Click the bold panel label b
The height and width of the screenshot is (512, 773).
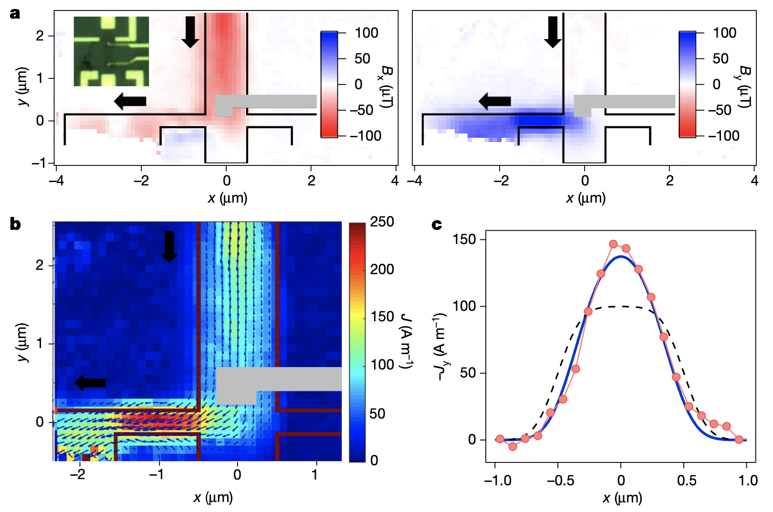pyautogui.click(x=15, y=224)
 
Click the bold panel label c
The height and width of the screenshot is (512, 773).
pyautogui.click(x=436, y=224)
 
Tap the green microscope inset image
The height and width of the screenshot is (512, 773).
pyautogui.click(x=111, y=51)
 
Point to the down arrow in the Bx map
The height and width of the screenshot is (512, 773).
pyautogui.click(x=190, y=32)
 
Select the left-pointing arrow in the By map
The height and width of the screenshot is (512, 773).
pyautogui.click(x=495, y=101)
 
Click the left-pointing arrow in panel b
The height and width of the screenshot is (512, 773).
pyautogui.click(x=91, y=382)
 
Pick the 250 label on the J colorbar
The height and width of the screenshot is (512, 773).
pyautogui.click(x=382, y=222)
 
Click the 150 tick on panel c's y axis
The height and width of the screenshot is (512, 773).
pyautogui.click(x=465, y=239)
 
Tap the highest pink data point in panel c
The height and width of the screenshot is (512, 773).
pyautogui.click(x=614, y=244)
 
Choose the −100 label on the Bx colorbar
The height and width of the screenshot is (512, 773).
pyautogui.click(x=366, y=136)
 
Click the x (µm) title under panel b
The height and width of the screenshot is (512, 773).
pyautogui.click(x=213, y=498)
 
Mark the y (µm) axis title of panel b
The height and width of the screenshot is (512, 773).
pyautogui.click(x=23, y=342)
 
